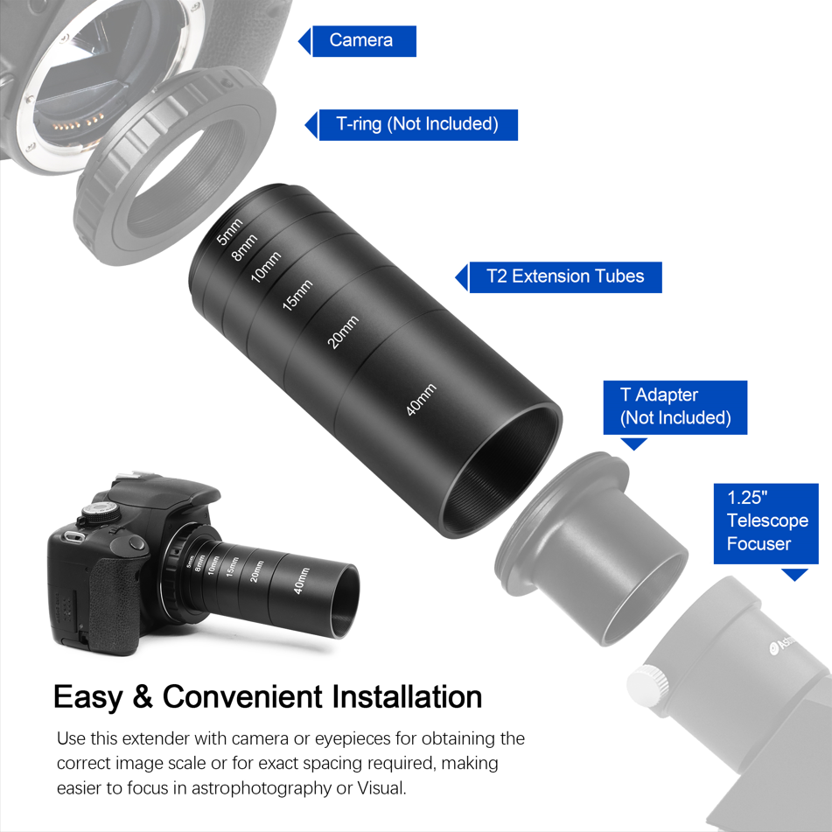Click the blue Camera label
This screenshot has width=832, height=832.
point(361,40)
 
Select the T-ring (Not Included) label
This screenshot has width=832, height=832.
point(416,124)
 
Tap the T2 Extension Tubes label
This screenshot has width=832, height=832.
point(564,276)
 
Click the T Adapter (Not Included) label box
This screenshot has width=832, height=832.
point(675,407)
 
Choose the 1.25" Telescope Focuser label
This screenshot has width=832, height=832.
point(766,521)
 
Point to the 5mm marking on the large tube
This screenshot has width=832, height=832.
point(229,231)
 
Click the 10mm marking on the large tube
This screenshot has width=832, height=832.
point(266,268)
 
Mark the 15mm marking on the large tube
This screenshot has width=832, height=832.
point(297,296)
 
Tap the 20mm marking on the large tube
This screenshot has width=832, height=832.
point(343,333)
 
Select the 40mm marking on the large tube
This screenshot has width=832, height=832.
point(421,400)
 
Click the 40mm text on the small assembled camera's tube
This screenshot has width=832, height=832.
point(301,581)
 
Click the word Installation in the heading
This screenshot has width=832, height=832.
point(408,697)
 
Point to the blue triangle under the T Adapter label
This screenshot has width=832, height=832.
point(633,444)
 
